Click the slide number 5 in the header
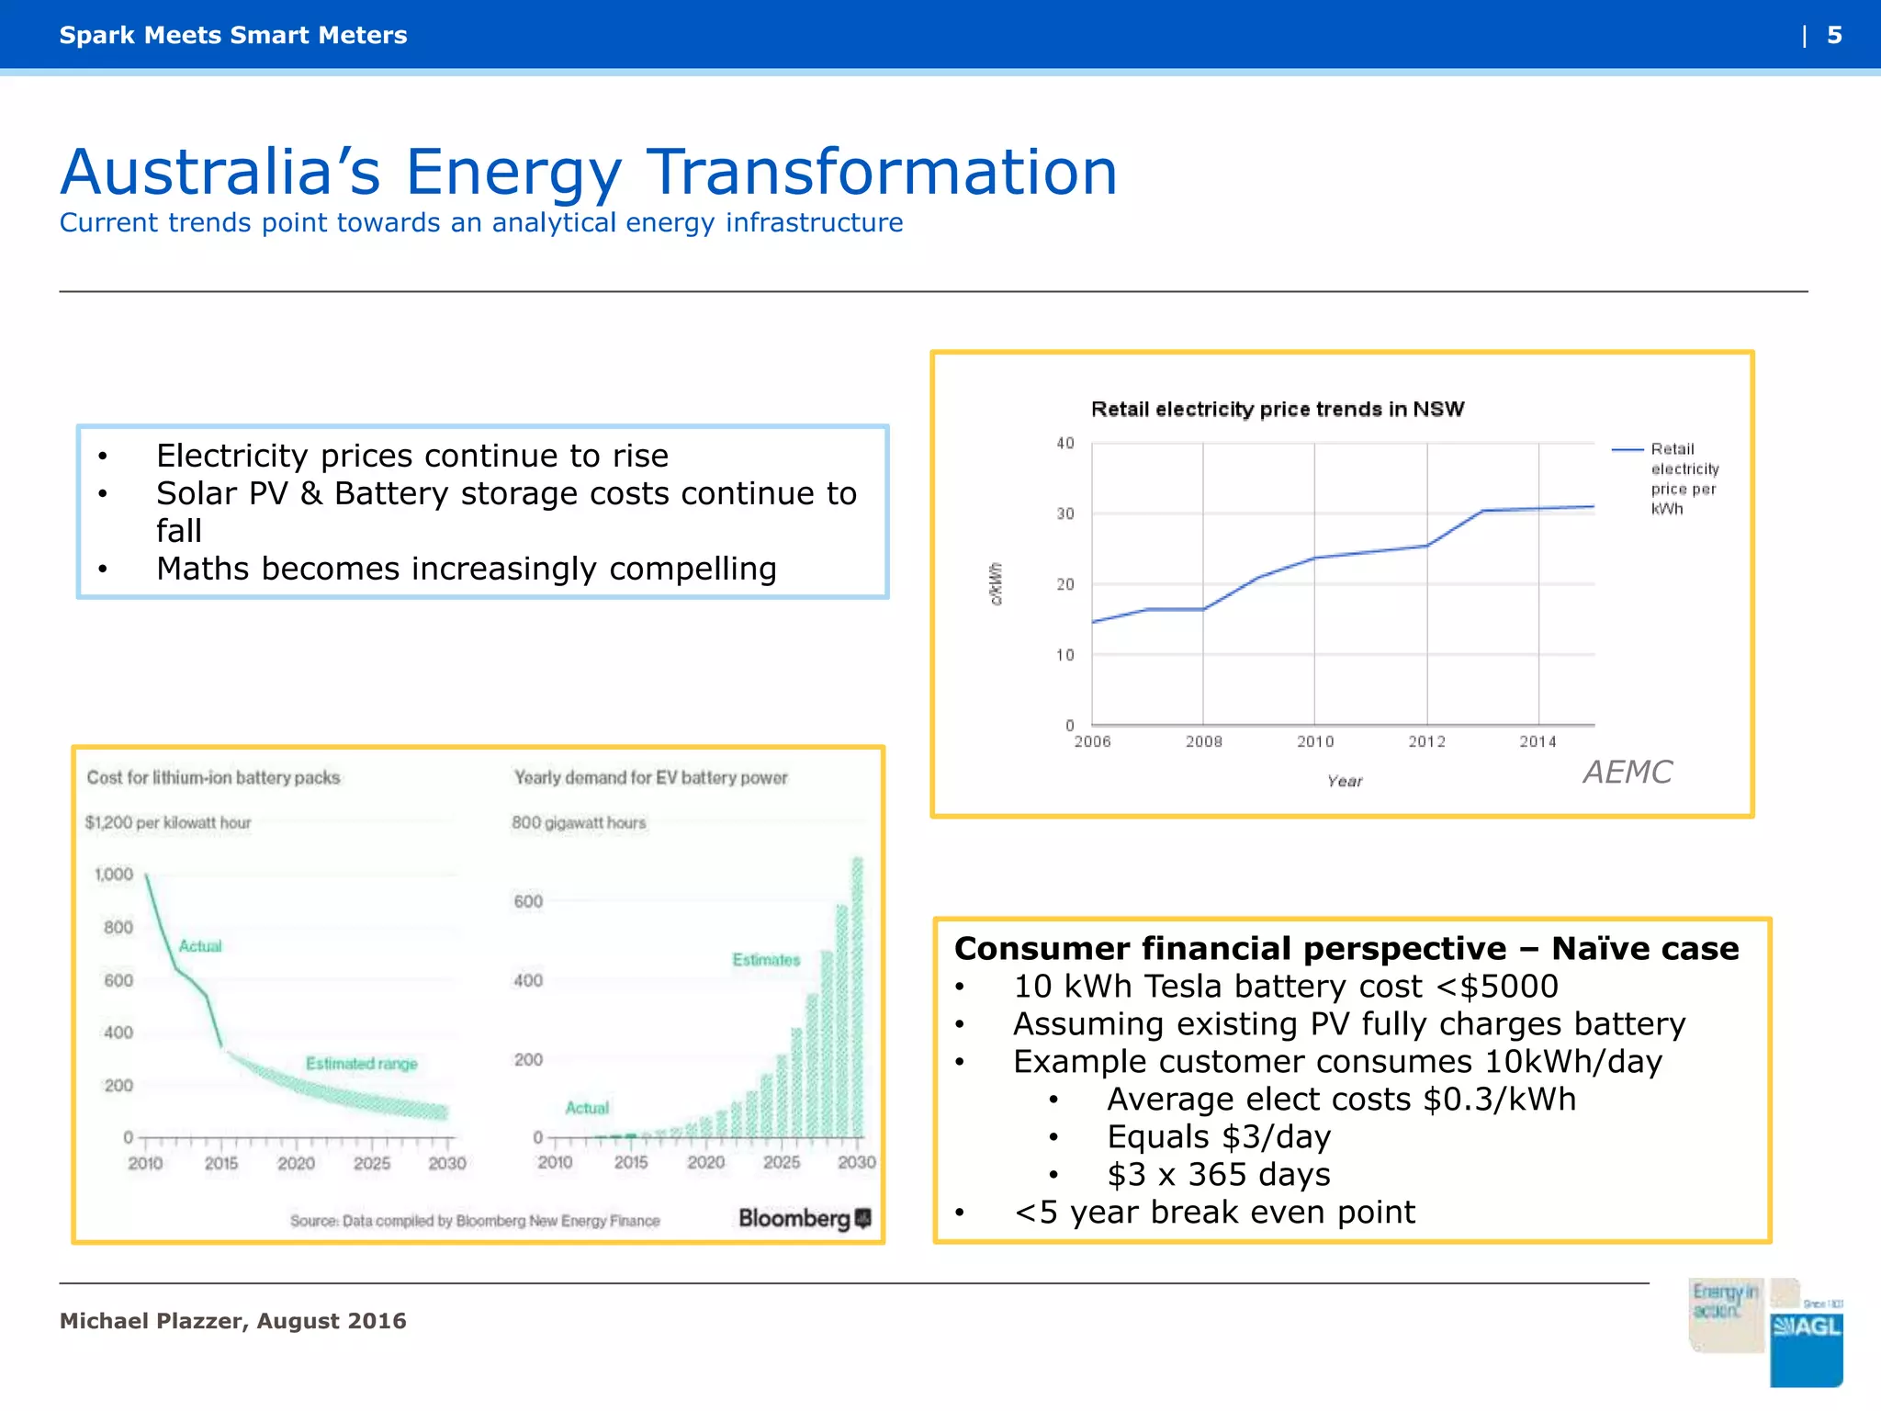click(1833, 35)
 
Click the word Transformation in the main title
click(882, 173)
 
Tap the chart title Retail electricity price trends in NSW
click(1277, 409)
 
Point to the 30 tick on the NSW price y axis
click(1064, 514)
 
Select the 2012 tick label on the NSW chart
click(1426, 741)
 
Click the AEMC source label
click(1627, 772)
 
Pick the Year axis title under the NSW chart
click(1344, 781)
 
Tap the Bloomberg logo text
click(794, 1218)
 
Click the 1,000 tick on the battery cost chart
click(114, 874)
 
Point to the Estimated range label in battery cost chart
click(361, 1063)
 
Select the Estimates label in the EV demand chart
click(766, 959)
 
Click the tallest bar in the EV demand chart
click(858, 997)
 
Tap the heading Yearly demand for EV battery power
click(650, 777)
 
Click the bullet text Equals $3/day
click(1218, 1137)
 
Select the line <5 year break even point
click(1214, 1213)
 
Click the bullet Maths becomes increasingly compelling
click(466, 569)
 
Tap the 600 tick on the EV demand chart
click(528, 901)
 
